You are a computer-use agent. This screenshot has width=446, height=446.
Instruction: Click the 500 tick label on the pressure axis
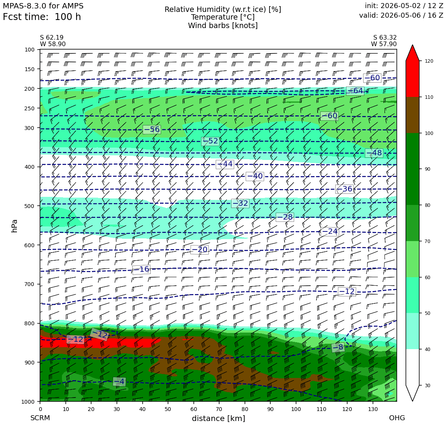click(x=30, y=206)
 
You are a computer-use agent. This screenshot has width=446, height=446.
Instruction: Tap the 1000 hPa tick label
click(x=28, y=402)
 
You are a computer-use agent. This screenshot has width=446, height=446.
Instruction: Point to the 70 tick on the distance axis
click(x=219, y=409)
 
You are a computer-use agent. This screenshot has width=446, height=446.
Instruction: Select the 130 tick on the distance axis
click(x=373, y=409)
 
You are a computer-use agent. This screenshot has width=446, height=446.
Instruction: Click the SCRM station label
click(x=40, y=418)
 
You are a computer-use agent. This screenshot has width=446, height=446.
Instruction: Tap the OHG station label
click(x=397, y=418)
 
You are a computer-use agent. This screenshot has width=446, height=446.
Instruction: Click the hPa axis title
click(x=14, y=226)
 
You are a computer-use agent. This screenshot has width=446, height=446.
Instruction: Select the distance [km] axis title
click(x=218, y=418)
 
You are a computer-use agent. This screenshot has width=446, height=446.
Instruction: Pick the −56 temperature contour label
click(x=152, y=130)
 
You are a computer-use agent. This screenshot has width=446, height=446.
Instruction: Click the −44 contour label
click(x=225, y=164)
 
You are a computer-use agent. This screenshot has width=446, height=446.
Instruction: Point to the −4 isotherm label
click(x=120, y=381)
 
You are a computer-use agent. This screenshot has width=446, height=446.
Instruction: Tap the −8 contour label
click(x=338, y=347)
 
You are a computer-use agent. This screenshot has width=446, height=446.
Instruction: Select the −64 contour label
click(x=355, y=91)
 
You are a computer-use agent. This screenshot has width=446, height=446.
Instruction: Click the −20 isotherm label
click(x=200, y=250)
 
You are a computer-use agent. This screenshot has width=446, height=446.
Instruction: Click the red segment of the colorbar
click(x=413, y=79)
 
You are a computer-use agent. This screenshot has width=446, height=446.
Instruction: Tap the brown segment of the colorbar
click(x=413, y=115)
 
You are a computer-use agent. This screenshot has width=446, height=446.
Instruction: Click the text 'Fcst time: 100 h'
click(x=42, y=17)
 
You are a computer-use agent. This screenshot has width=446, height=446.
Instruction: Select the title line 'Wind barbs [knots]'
click(x=223, y=26)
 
